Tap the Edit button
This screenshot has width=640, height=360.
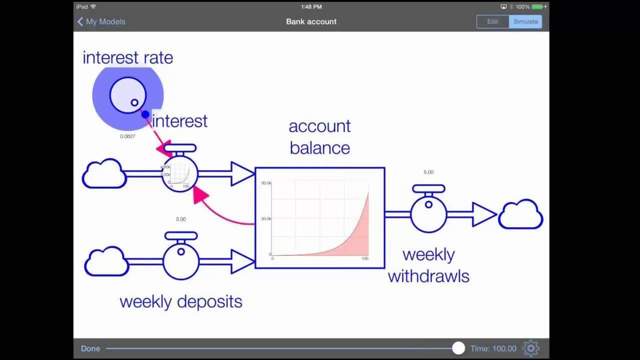point(492,21)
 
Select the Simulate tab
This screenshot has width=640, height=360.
point(525,21)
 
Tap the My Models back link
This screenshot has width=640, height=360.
point(101,21)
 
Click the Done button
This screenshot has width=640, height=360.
point(90,348)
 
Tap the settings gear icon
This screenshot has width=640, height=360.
point(530,348)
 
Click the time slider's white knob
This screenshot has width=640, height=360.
point(458,348)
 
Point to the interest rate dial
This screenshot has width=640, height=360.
point(128,95)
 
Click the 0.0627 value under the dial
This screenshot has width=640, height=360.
point(127,136)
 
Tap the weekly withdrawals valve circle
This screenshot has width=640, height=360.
point(428,214)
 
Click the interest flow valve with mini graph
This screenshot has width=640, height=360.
point(179,174)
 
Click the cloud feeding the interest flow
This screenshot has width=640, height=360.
point(104,173)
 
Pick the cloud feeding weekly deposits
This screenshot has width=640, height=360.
point(106,261)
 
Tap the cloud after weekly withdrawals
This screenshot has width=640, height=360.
point(520,214)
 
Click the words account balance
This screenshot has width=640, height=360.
point(319,137)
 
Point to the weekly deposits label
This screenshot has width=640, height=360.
point(180,301)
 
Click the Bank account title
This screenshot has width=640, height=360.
point(311,21)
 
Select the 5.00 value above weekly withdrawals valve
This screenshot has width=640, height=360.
point(428,172)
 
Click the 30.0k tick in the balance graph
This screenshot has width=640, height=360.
point(266,218)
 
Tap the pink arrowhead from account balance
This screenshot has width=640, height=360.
point(200,194)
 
